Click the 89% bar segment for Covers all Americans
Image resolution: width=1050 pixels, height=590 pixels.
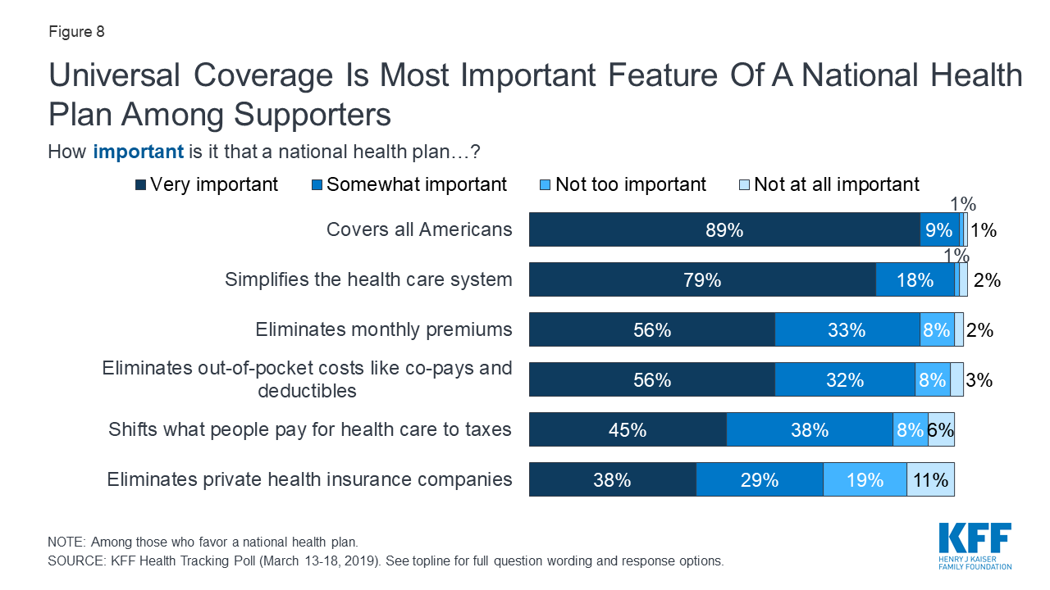click(x=724, y=230)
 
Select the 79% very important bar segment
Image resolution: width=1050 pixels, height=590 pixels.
click(x=702, y=280)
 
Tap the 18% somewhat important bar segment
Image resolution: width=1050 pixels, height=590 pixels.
click(x=915, y=280)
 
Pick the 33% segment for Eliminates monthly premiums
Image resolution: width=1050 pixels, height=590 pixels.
click(x=847, y=330)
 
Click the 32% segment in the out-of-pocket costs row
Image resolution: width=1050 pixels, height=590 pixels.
click(x=845, y=380)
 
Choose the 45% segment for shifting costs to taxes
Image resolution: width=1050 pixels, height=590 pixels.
click(x=628, y=430)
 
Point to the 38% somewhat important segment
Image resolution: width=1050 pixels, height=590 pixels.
click(x=810, y=430)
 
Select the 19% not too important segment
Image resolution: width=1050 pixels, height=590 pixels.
click(x=865, y=480)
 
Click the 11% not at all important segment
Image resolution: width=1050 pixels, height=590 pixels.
click(x=930, y=480)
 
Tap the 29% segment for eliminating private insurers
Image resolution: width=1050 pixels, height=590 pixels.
click(x=760, y=480)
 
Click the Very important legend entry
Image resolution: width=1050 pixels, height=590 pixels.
click(x=207, y=184)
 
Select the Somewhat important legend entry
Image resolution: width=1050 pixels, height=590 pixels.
click(x=409, y=184)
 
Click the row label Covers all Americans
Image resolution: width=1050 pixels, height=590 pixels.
click(x=419, y=230)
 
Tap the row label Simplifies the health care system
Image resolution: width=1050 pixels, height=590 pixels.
click(x=368, y=280)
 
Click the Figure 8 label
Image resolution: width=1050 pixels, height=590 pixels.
click(x=76, y=33)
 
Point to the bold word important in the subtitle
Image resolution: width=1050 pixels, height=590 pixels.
click(x=138, y=152)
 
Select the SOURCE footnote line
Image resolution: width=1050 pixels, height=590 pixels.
click(x=386, y=562)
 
